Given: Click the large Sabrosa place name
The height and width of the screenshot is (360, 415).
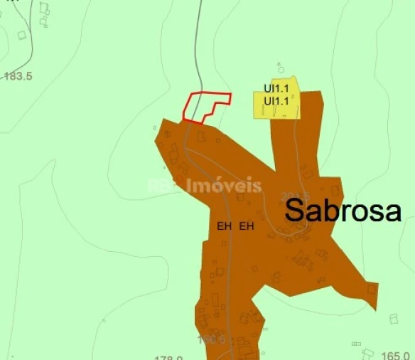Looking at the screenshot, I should [344, 211].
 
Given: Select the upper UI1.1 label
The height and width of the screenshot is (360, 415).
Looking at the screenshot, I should [276, 89].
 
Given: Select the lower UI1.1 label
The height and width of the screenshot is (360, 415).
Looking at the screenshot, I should [276, 101].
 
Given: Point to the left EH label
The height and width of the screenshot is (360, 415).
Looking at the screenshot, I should [225, 226].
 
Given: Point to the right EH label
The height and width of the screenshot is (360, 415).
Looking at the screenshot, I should [247, 226].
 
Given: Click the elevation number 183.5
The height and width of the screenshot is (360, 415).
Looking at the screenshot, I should [18, 75].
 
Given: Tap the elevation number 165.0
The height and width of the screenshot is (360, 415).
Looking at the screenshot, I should [395, 354].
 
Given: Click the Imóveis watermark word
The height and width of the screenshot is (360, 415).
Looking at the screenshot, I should [224, 186].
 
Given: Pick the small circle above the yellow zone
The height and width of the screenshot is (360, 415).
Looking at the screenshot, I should [281, 70].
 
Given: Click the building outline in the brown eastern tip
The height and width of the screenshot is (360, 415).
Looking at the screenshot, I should [371, 290].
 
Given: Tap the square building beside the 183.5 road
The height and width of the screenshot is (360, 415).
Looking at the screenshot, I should [22, 35].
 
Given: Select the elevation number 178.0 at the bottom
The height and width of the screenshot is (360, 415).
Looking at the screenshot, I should [168, 358].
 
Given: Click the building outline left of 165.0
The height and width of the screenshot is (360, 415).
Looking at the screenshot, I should [367, 352].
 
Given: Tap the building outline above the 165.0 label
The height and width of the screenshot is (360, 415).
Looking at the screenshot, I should [394, 319].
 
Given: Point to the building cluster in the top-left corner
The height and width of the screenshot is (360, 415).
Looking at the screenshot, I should [45, 13].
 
